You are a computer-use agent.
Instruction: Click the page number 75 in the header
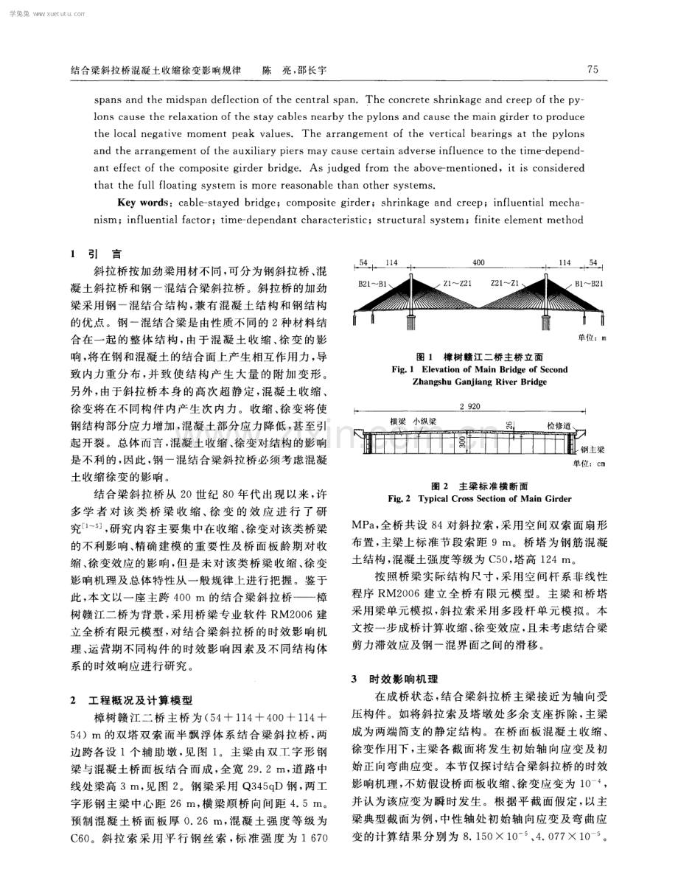[592, 69]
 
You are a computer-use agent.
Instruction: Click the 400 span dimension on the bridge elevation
[478, 262]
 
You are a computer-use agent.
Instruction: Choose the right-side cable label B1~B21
[588, 282]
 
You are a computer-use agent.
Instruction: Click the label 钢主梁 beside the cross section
[594, 450]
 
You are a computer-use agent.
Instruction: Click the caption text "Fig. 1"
[403, 369]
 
